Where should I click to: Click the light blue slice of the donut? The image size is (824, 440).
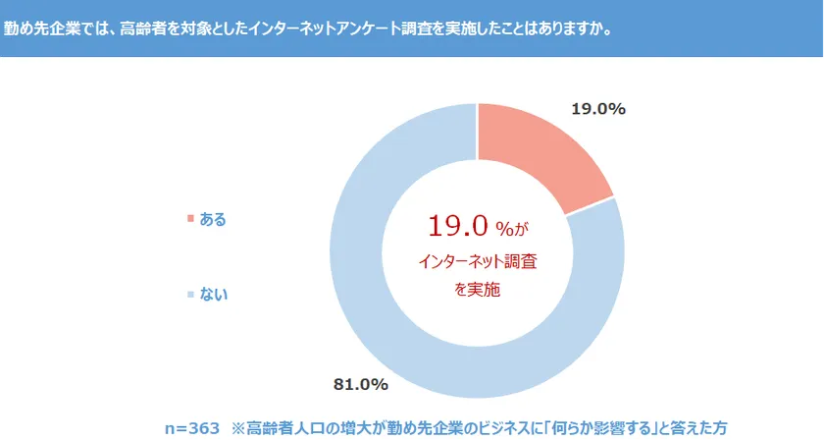point(392,324)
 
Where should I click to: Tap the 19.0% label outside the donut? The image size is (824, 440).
point(598,109)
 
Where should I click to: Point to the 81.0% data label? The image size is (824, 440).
point(361,383)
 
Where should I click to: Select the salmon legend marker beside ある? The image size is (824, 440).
point(189,218)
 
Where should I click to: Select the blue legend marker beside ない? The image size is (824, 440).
point(189,293)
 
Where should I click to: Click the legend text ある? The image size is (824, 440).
point(213,219)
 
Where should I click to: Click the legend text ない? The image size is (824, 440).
point(213,293)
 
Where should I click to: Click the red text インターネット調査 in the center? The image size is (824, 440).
point(478,262)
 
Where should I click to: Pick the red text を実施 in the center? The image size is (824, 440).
point(478,290)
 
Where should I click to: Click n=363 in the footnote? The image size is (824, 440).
point(193,428)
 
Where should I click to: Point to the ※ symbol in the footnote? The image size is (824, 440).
point(236,428)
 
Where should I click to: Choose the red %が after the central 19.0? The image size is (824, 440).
point(511,229)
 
